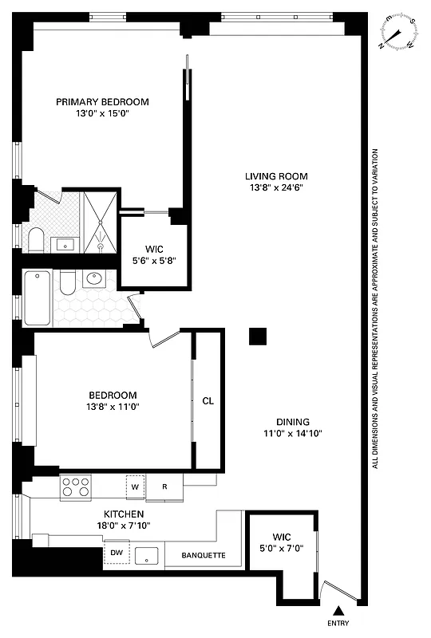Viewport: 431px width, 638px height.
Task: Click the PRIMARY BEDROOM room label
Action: (102, 101)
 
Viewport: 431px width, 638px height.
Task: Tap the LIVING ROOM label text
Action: (275, 176)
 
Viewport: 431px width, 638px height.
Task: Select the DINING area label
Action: (293, 422)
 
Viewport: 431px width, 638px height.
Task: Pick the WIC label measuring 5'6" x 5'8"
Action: (153, 248)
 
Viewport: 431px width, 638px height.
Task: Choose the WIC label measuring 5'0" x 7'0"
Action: (283, 537)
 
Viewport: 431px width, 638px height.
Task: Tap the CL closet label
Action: (208, 401)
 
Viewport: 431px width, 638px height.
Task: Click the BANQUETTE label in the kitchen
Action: (204, 555)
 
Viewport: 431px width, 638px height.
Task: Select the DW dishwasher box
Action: (116, 553)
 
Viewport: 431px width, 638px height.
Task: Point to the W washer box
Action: (135, 486)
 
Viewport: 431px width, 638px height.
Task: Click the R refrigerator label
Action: (163, 486)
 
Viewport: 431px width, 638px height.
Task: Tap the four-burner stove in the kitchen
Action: (76, 486)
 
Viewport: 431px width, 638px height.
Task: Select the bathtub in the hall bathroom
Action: (38, 297)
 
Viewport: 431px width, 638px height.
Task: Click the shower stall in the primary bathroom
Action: (101, 220)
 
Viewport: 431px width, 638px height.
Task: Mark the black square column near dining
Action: (257, 337)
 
